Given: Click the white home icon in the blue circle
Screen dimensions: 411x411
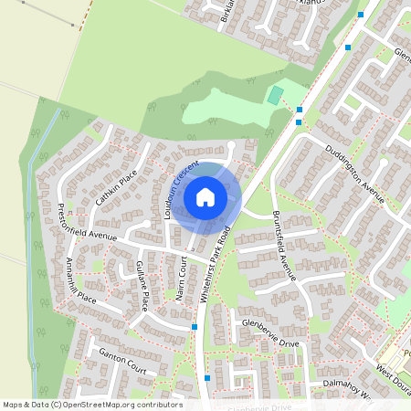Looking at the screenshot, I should tap(205, 196).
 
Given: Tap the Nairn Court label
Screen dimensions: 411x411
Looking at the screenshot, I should tap(180, 278).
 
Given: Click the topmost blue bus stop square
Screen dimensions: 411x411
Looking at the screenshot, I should tap(362, 16).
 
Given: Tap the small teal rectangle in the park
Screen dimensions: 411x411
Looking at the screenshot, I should tap(275, 95).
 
